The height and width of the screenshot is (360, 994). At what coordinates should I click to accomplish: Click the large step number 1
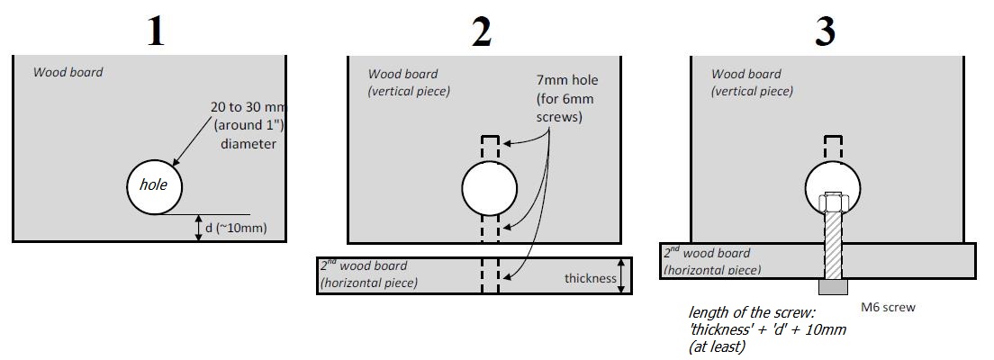(x=156, y=31)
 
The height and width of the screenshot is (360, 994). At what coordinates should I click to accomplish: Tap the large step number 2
(x=482, y=31)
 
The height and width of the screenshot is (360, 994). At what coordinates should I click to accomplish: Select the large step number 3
(x=825, y=31)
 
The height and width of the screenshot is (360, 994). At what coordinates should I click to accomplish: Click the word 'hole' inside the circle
(x=153, y=185)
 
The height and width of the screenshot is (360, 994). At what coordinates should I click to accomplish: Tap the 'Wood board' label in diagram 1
(x=68, y=72)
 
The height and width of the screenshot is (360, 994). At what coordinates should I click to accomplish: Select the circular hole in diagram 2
(x=490, y=188)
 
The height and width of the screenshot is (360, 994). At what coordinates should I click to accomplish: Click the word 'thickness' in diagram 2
(x=591, y=278)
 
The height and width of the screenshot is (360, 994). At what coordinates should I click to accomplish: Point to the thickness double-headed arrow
(x=622, y=275)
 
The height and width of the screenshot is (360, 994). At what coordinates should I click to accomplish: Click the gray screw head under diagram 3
(x=833, y=287)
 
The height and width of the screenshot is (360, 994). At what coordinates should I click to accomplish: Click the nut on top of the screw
(x=833, y=202)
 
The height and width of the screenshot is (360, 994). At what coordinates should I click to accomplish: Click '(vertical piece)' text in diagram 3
(x=752, y=91)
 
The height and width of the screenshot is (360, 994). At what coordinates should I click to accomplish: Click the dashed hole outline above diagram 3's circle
(x=833, y=148)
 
